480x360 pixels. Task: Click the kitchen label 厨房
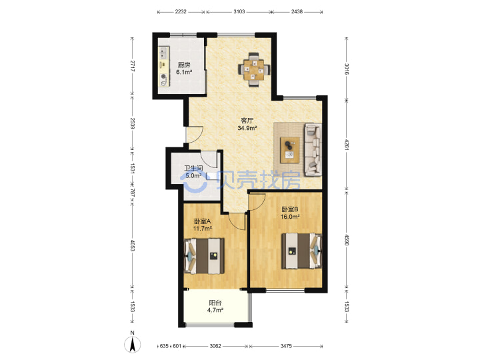(x=184, y=65)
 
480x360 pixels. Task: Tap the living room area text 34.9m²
(x=247, y=128)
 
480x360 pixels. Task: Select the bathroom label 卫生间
(x=193, y=168)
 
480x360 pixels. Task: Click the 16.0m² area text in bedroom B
(x=290, y=217)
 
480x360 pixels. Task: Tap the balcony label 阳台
(x=215, y=303)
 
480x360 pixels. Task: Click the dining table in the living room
(x=254, y=70)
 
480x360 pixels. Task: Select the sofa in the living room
(x=313, y=150)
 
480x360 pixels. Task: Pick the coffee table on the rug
(x=289, y=150)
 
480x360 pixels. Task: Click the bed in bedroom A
(x=204, y=256)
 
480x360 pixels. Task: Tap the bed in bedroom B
(x=301, y=251)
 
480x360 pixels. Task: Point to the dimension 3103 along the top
(x=239, y=11)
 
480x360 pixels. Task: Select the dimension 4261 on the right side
(x=347, y=145)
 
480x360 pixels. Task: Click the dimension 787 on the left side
(x=132, y=193)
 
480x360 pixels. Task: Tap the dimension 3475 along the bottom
(x=286, y=346)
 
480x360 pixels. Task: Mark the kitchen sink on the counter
(x=163, y=53)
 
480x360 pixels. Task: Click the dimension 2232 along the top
(x=181, y=11)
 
